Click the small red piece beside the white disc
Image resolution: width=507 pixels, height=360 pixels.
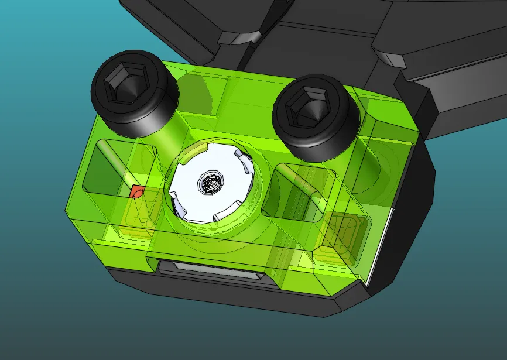click(x=137, y=191)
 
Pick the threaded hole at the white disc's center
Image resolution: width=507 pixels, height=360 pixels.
click(x=210, y=184)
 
